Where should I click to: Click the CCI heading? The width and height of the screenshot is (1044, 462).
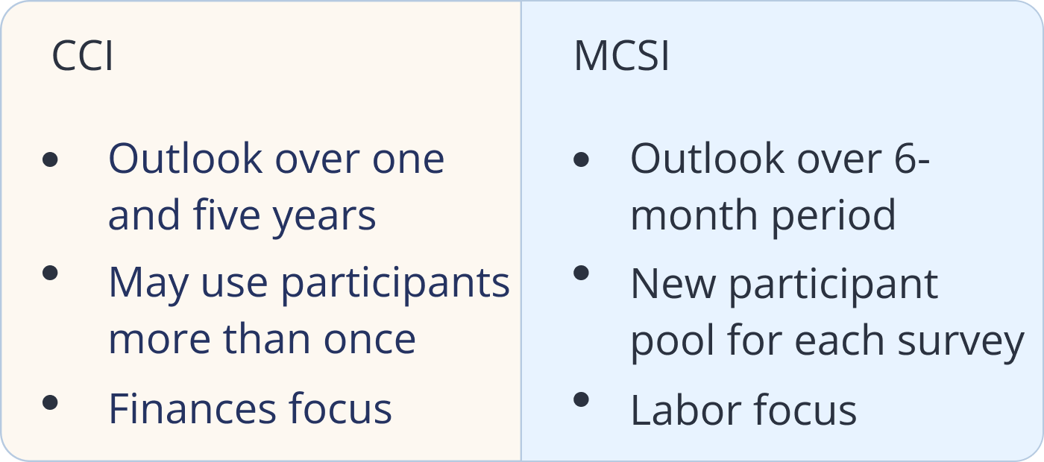tap(83, 56)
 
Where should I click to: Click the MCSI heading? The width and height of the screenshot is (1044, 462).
tap(621, 56)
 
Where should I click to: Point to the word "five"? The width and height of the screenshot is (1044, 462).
tap(227, 215)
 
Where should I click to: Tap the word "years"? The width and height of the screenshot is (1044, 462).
tap(324, 219)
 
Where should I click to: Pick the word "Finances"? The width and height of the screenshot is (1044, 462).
tap(192, 409)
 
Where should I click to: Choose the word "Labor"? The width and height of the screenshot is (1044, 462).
tap(686, 409)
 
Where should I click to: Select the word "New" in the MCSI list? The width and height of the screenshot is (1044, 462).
tap(673, 284)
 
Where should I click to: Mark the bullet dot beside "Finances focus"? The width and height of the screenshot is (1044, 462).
tap(50, 402)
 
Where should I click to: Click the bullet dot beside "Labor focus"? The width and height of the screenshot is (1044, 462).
tap(581, 399)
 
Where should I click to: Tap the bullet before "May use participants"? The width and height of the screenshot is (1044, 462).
tap(50, 273)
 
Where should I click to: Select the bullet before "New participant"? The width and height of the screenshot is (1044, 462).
tap(581, 273)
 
